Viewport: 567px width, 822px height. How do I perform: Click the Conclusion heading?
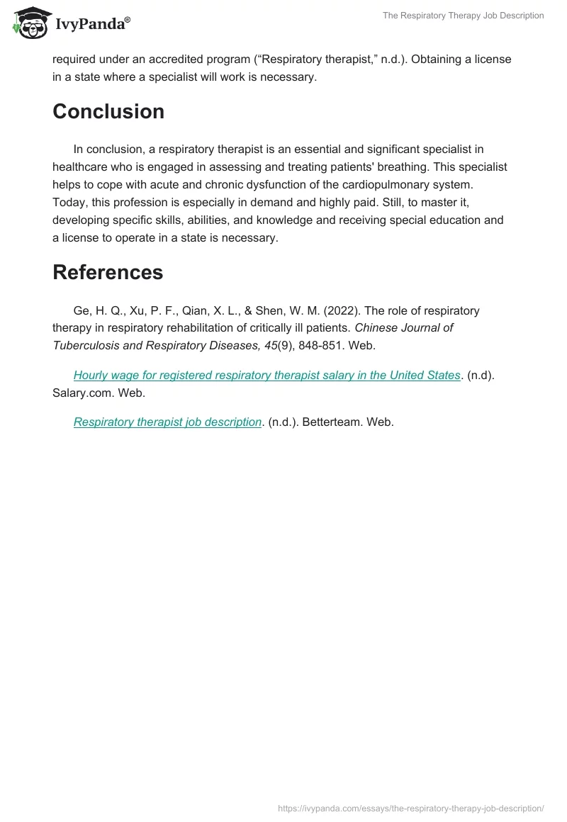coord(108,111)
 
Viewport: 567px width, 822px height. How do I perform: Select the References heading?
coord(108,272)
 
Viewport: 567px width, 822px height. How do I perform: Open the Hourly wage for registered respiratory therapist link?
coord(266,375)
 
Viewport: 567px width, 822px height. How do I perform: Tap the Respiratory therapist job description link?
coord(167,422)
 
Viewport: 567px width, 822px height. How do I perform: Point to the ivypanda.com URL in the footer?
coord(411,808)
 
